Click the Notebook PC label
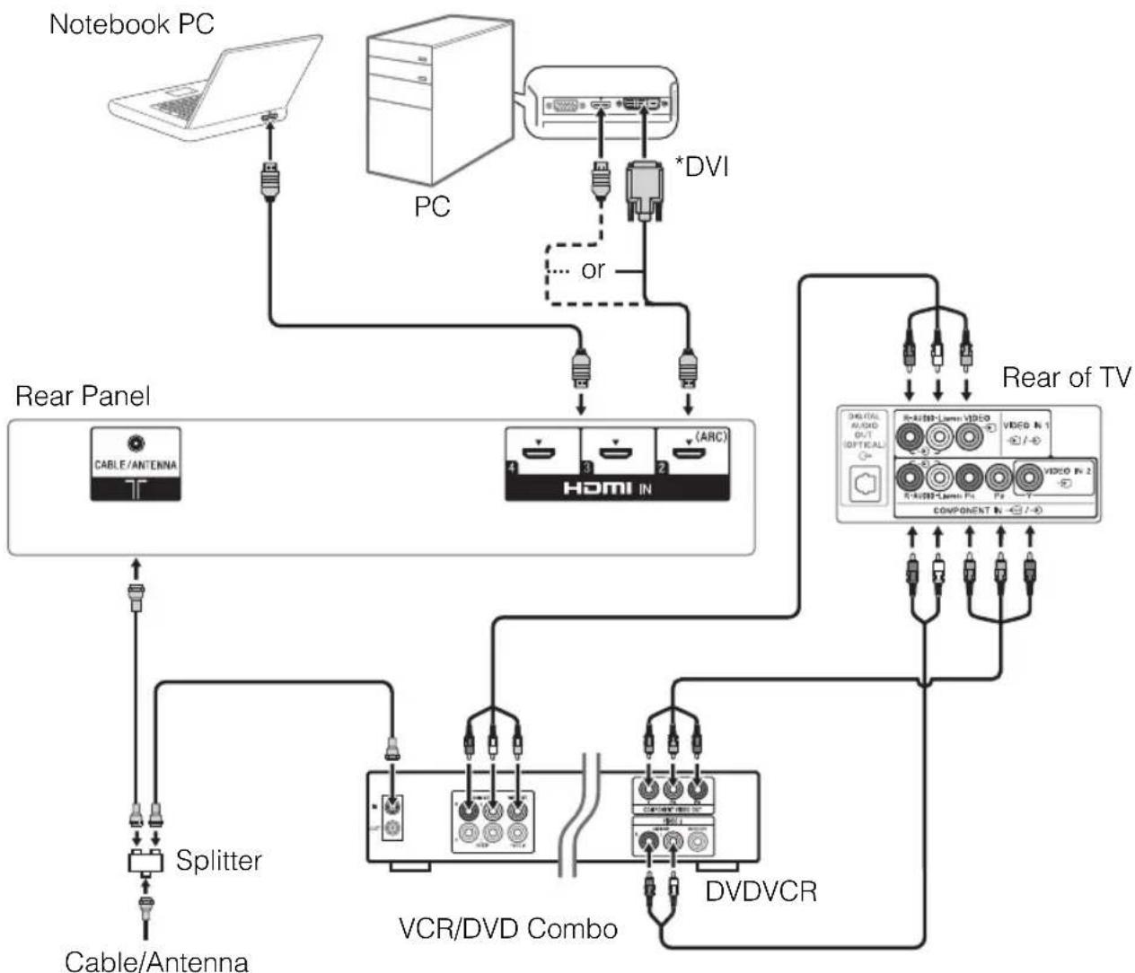pos(131,24)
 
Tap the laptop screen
pos(260,73)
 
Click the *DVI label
pos(701,168)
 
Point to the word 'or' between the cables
pos(593,270)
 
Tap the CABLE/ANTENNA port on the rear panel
pos(136,443)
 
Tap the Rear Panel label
pos(83,396)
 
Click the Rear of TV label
pos(1066,378)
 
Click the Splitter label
pos(218,861)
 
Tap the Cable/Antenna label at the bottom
pos(156,960)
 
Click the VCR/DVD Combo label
pos(507,927)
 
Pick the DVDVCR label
pos(761,891)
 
